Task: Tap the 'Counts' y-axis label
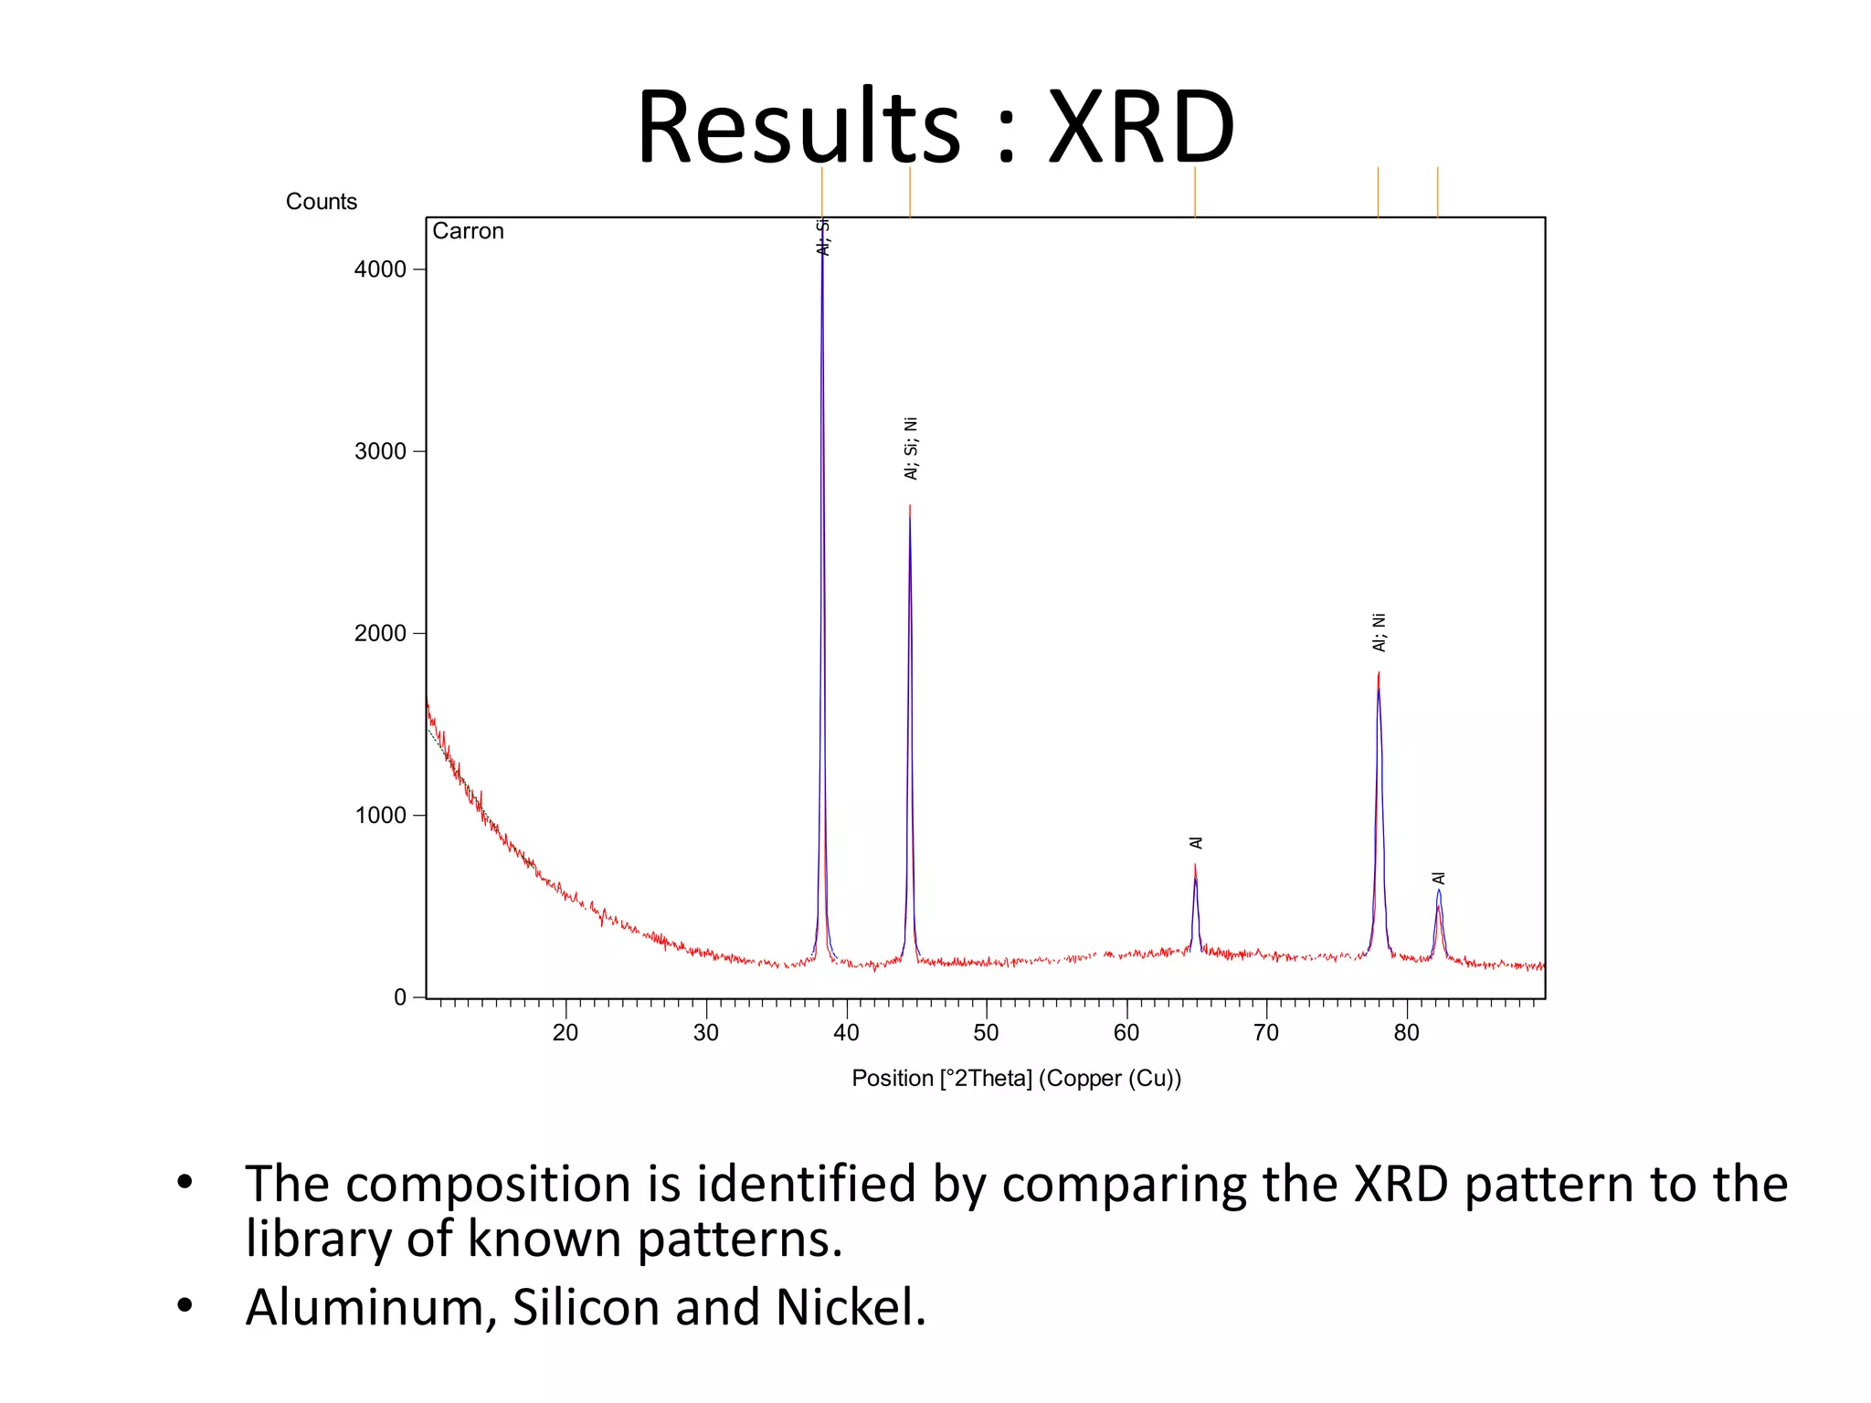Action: coord(321,202)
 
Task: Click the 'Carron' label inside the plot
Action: coord(468,231)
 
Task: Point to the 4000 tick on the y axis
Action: coord(380,269)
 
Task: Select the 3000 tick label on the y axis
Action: coord(380,451)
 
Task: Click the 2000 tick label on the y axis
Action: coord(380,633)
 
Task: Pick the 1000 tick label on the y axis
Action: coord(380,815)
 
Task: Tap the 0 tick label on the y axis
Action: coord(400,997)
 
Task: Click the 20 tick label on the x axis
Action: coord(566,1033)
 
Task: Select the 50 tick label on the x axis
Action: coord(986,1033)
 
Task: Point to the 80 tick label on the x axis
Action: coord(1406,1033)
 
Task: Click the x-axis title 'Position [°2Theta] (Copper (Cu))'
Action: coord(1016,1079)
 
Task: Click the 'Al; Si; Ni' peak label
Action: coord(911,448)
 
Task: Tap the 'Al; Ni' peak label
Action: coord(1379,632)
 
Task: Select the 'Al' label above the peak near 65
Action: coord(1196,842)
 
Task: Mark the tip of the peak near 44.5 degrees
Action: coord(910,506)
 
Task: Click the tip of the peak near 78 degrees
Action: coord(1379,674)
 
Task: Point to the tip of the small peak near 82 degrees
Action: coord(1439,891)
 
